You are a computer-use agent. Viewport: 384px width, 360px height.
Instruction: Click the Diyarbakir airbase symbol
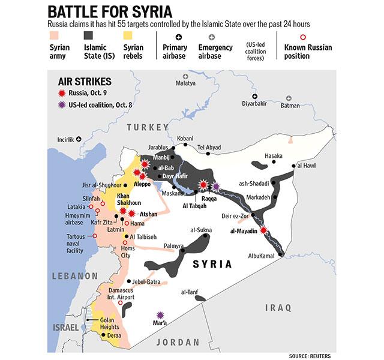click(x=255, y=96)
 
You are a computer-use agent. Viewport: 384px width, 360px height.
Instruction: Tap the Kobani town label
click(x=185, y=139)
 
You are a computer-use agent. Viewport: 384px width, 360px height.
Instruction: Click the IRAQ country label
click(x=278, y=307)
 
